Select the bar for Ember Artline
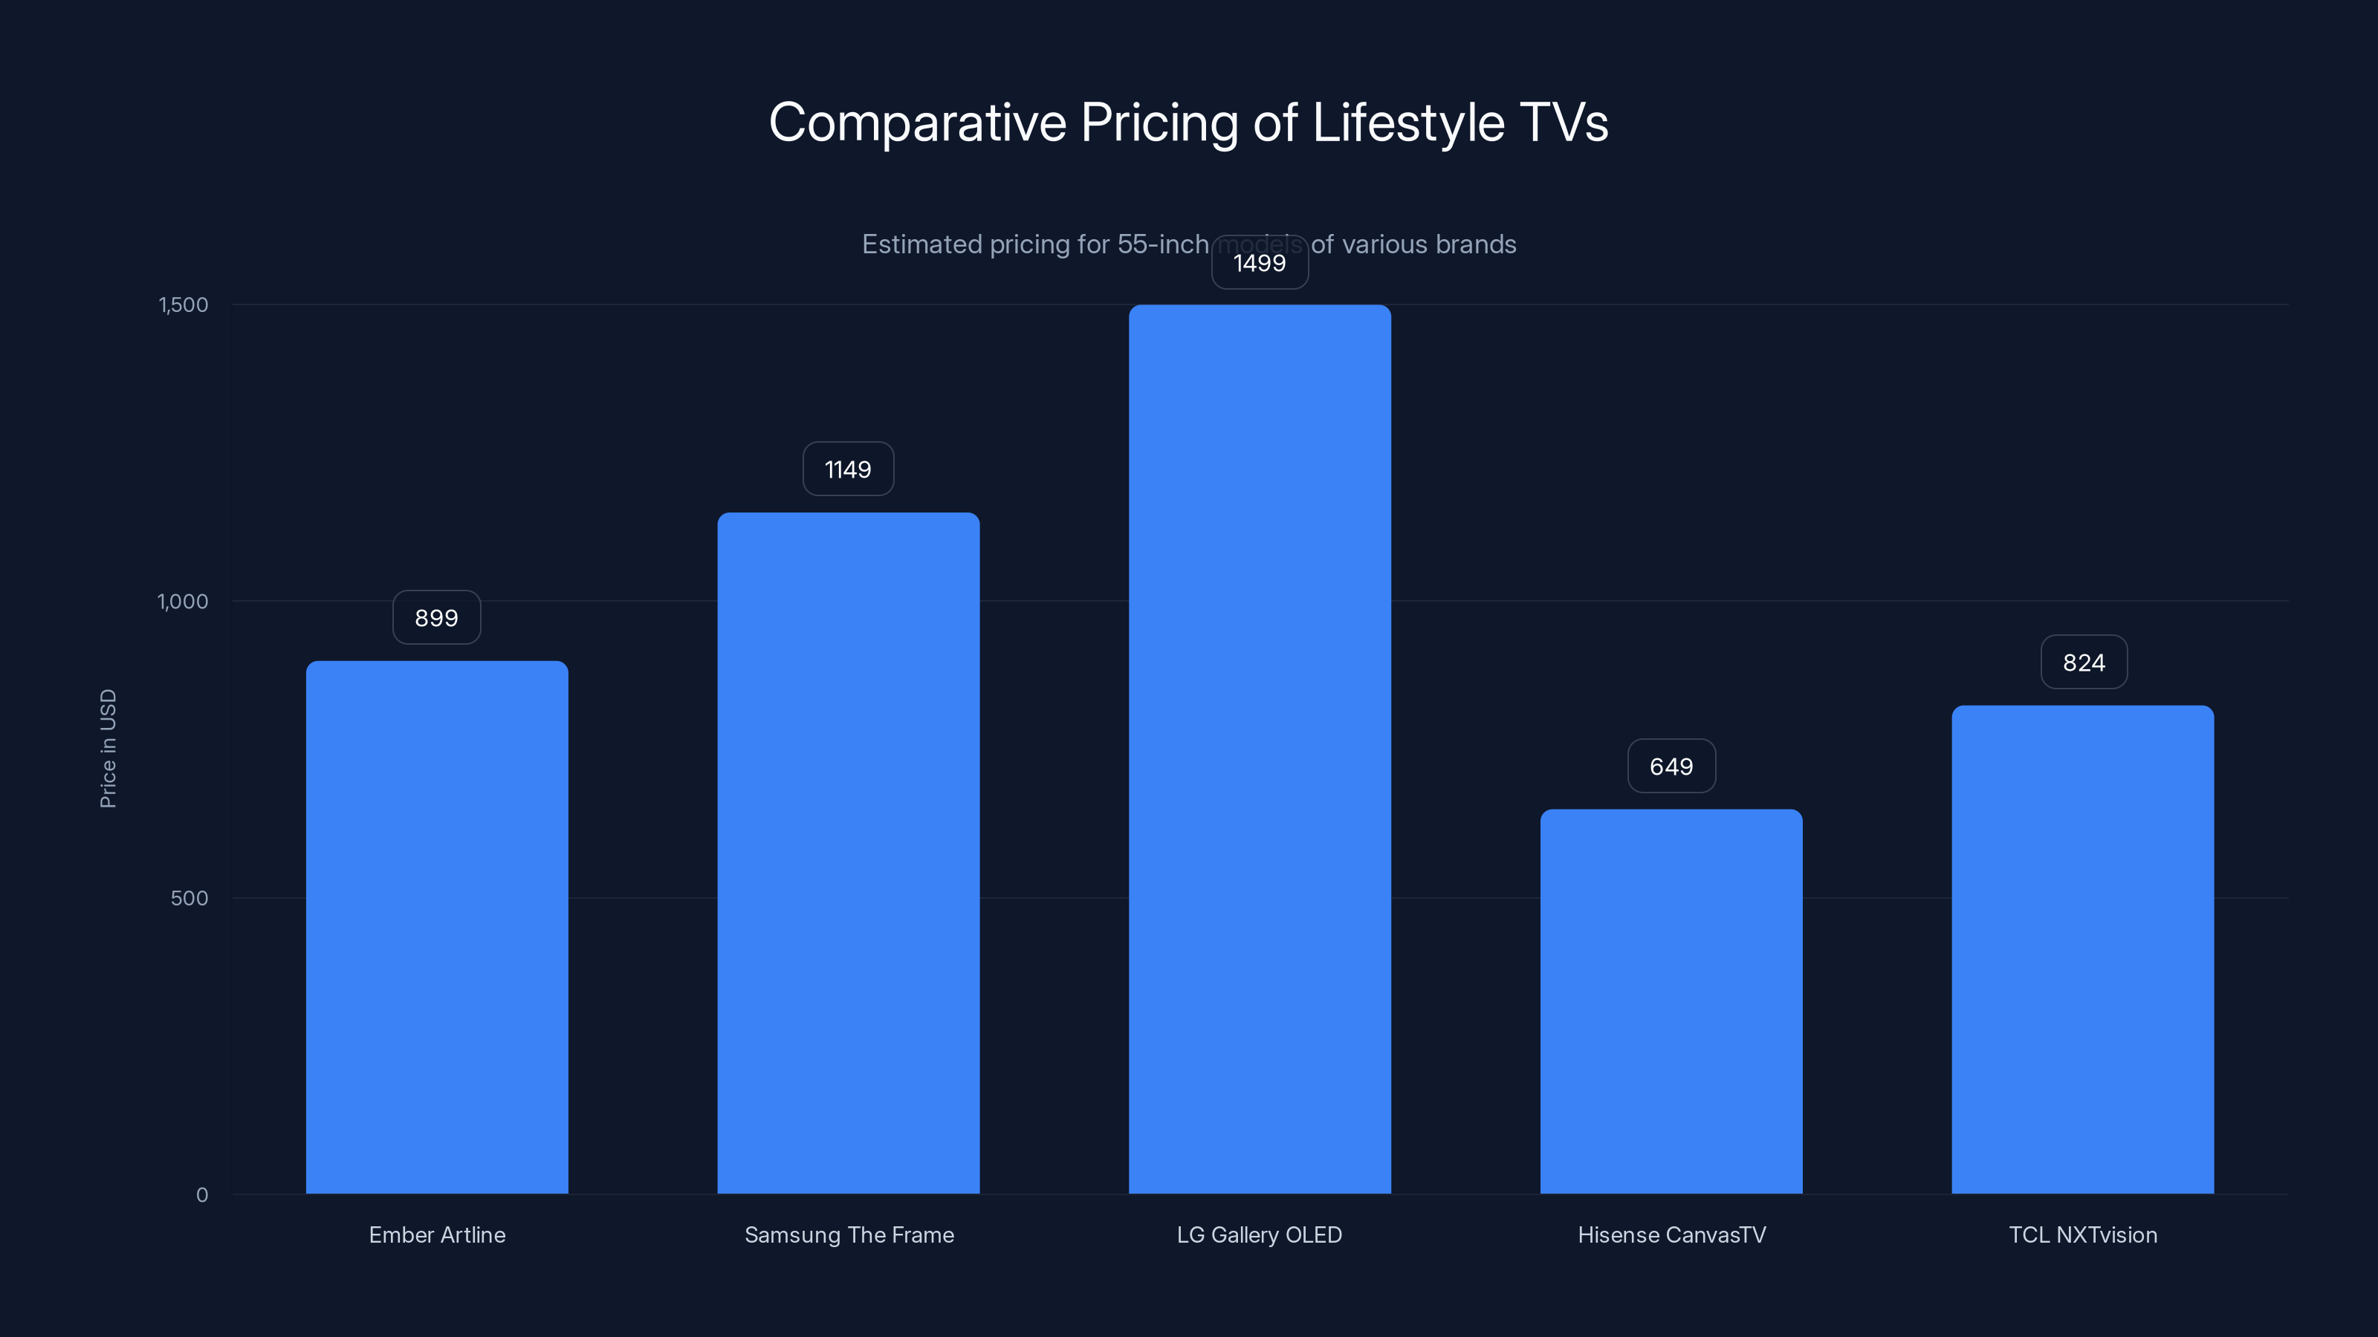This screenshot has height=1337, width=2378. coord(437,927)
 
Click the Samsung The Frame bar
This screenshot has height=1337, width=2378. coord(849,853)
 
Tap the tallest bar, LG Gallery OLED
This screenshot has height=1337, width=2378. coord(1259,749)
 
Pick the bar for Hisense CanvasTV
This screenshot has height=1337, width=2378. coord(1671,1001)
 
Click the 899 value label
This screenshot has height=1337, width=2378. coord(437,617)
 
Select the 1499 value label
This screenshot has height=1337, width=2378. coord(1259,263)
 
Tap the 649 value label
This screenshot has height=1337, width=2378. coord(1671,766)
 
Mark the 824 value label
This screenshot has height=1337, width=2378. coord(2084,662)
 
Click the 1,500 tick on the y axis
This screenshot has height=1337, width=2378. coord(184,305)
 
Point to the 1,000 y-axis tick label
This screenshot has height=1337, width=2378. coord(183,602)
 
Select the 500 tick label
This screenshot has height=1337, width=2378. coord(189,898)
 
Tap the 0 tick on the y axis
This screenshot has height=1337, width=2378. coord(202,1195)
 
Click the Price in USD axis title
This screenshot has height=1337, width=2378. coord(108,748)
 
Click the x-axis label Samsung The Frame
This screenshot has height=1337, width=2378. coord(849,1234)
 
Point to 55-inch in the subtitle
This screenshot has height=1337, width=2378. coord(1162,244)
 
